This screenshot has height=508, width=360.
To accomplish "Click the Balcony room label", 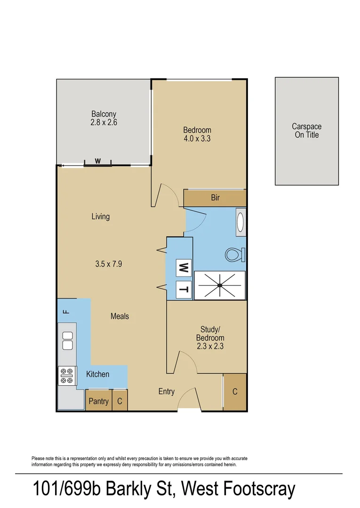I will [x=104, y=114].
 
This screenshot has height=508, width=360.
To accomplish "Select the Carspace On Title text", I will [x=306, y=130].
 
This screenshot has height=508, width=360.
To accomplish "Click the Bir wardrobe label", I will [x=215, y=198].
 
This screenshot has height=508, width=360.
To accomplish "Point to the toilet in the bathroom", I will [x=235, y=255].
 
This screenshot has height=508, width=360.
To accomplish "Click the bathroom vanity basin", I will [x=240, y=222].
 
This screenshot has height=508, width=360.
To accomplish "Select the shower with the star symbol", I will [x=220, y=285].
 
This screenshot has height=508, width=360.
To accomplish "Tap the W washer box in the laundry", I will [x=184, y=269].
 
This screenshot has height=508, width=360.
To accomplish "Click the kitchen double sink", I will [x=67, y=341].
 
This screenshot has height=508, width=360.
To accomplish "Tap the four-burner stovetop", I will [x=67, y=375].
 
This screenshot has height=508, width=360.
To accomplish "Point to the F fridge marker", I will [x=66, y=311].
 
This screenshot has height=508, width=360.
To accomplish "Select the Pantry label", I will [x=99, y=401].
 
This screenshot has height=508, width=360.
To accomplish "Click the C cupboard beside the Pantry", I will [x=120, y=401].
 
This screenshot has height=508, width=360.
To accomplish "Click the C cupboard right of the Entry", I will [x=235, y=392].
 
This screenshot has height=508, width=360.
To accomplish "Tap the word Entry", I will [x=166, y=391].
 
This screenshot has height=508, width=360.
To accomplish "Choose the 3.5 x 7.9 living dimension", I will [x=109, y=264].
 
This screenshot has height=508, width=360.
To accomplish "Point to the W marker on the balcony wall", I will [x=98, y=161].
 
